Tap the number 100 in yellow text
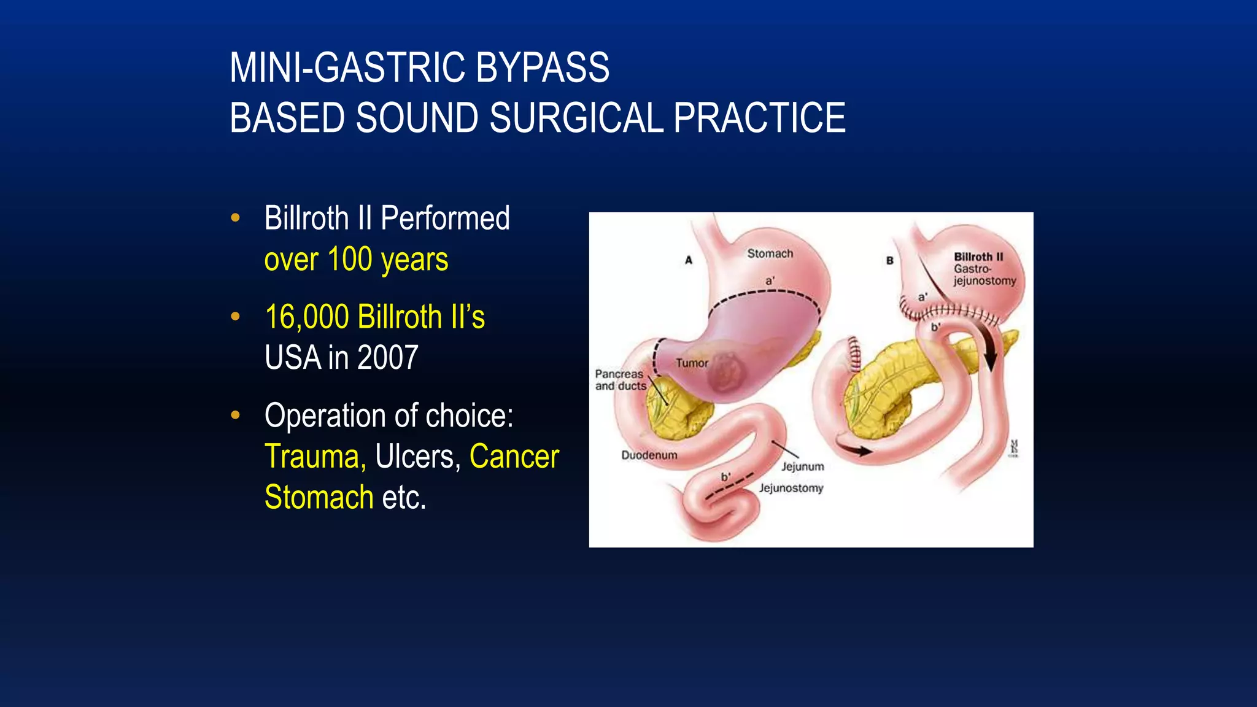(350, 259)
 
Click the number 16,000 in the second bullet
(306, 317)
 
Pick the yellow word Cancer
(514, 457)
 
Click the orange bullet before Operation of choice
(235, 415)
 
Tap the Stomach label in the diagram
(770, 253)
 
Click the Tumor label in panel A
(692, 363)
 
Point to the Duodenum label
(649, 455)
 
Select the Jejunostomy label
(791, 489)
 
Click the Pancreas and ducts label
(620, 380)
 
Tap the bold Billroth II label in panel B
(978, 257)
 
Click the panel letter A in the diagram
(689, 260)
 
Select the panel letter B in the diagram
(889, 260)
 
